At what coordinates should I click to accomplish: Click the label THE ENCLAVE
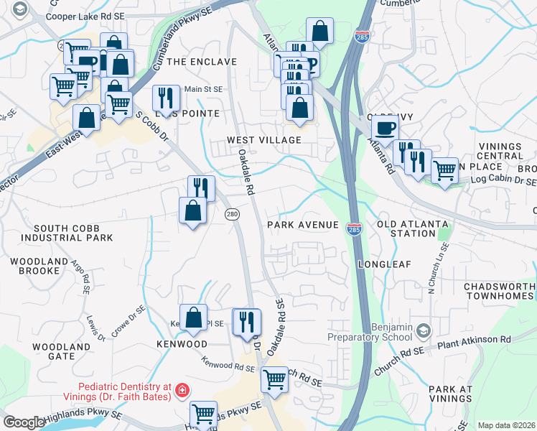pyautogui.click(x=202, y=62)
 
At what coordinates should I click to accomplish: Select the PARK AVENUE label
pyautogui.click(x=302, y=225)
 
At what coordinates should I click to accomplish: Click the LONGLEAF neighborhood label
pyautogui.click(x=384, y=264)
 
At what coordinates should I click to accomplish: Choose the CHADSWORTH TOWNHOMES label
pyautogui.click(x=500, y=292)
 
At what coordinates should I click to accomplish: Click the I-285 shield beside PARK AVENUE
pyautogui.click(x=358, y=227)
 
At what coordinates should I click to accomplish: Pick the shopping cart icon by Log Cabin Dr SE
pyautogui.click(x=444, y=170)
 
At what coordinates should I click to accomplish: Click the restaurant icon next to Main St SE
pyautogui.click(x=166, y=98)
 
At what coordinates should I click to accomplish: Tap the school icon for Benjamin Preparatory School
pyautogui.click(x=424, y=330)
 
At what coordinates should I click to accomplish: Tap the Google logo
pyautogui.click(x=24, y=422)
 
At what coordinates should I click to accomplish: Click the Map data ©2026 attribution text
pyautogui.click(x=506, y=425)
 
